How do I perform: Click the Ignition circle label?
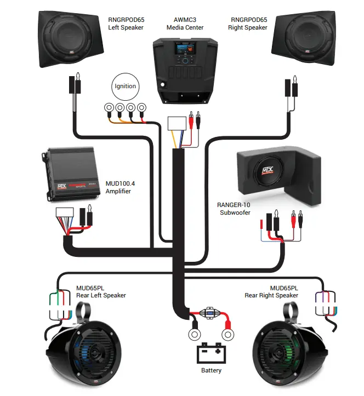pyautogui.click(x=124, y=87)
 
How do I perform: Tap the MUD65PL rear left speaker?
pyautogui.click(x=83, y=350)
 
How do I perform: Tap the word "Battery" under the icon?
pyautogui.click(x=211, y=371)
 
